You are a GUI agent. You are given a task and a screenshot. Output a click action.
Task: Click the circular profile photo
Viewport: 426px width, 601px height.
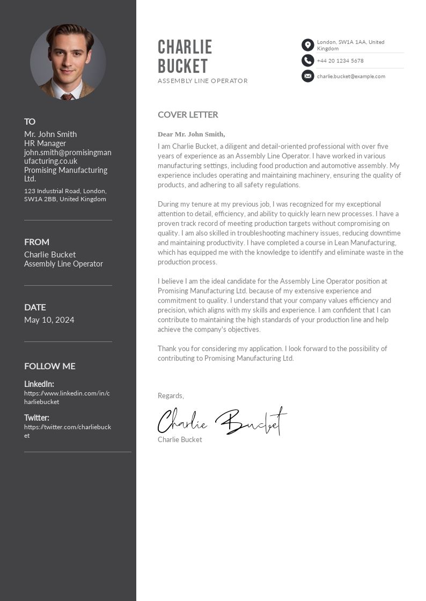click(x=68, y=62)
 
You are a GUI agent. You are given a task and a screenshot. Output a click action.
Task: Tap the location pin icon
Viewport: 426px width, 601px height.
click(x=307, y=45)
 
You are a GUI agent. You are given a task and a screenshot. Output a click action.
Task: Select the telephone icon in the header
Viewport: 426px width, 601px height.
click(x=307, y=61)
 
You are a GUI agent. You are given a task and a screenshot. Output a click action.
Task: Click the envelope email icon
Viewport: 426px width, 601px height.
click(x=307, y=76)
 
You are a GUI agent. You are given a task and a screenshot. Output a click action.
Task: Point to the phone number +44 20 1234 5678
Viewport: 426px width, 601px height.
click(x=340, y=61)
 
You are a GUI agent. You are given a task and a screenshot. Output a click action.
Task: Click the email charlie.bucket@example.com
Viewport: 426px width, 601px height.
click(x=351, y=76)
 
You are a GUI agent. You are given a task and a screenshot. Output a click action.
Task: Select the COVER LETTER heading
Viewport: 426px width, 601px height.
click(x=188, y=114)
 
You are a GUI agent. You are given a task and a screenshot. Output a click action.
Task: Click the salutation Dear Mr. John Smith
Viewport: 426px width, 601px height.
click(x=192, y=134)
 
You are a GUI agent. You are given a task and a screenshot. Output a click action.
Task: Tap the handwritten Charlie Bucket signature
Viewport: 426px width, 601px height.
click(x=222, y=421)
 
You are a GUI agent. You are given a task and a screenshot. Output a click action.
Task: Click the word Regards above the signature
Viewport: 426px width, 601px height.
click(x=171, y=395)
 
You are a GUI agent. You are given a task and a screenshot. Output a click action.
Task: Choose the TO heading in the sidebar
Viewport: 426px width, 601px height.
click(x=30, y=121)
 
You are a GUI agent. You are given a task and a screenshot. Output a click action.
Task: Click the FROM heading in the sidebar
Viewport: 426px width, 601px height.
click(x=36, y=242)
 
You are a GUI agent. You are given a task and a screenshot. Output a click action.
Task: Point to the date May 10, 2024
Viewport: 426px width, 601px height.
click(x=49, y=320)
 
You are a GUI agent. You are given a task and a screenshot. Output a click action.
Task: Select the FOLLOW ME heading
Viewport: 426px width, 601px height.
click(x=50, y=366)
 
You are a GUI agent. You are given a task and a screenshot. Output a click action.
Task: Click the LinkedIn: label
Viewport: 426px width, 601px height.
click(x=39, y=384)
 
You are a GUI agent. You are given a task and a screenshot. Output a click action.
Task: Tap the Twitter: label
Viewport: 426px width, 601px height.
click(x=36, y=417)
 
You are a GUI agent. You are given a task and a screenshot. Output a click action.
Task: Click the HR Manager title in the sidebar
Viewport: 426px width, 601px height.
click(x=45, y=143)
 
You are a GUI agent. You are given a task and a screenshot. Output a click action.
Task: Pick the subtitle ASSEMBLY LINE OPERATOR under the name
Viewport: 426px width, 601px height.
click(x=203, y=81)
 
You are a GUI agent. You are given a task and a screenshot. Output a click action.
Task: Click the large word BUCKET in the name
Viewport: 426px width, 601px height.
click(x=183, y=66)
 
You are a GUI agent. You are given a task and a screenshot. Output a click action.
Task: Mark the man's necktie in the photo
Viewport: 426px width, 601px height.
click(x=67, y=97)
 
